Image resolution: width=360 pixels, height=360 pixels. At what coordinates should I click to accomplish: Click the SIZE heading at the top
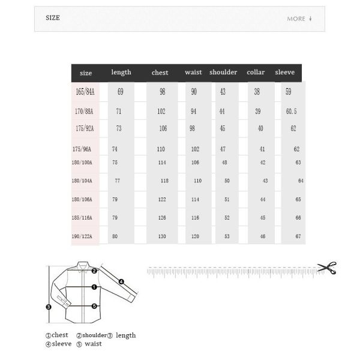click(x=53, y=18)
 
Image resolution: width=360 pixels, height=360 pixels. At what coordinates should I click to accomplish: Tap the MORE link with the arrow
click(x=299, y=19)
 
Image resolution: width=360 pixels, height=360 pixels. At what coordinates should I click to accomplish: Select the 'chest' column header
click(x=160, y=73)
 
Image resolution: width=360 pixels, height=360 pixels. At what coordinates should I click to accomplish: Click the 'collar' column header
click(x=256, y=73)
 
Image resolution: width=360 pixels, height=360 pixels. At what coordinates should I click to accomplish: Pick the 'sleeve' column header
click(x=285, y=73)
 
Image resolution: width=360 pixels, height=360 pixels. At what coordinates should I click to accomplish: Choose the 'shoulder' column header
click(x=223, y=73)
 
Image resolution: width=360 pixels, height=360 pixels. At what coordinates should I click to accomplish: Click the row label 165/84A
click(x=86, y=92)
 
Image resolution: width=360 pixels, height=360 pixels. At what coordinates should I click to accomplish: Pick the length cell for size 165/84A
click(x=120, y=92)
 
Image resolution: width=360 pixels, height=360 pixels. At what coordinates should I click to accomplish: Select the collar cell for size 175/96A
click(x=262, y=148)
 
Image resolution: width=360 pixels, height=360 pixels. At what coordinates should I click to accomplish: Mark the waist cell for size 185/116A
click(x=196, y=218)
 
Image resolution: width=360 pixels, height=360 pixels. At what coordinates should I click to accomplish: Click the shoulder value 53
click(x=226, y=236)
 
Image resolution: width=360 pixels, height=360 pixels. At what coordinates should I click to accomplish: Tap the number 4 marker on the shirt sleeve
click(x=121, y=281)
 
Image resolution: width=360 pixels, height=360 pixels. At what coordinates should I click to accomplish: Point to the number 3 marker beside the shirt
click(x=49, y=307)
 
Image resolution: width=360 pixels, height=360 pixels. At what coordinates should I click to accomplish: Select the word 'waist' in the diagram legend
click(x=93, y=344)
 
